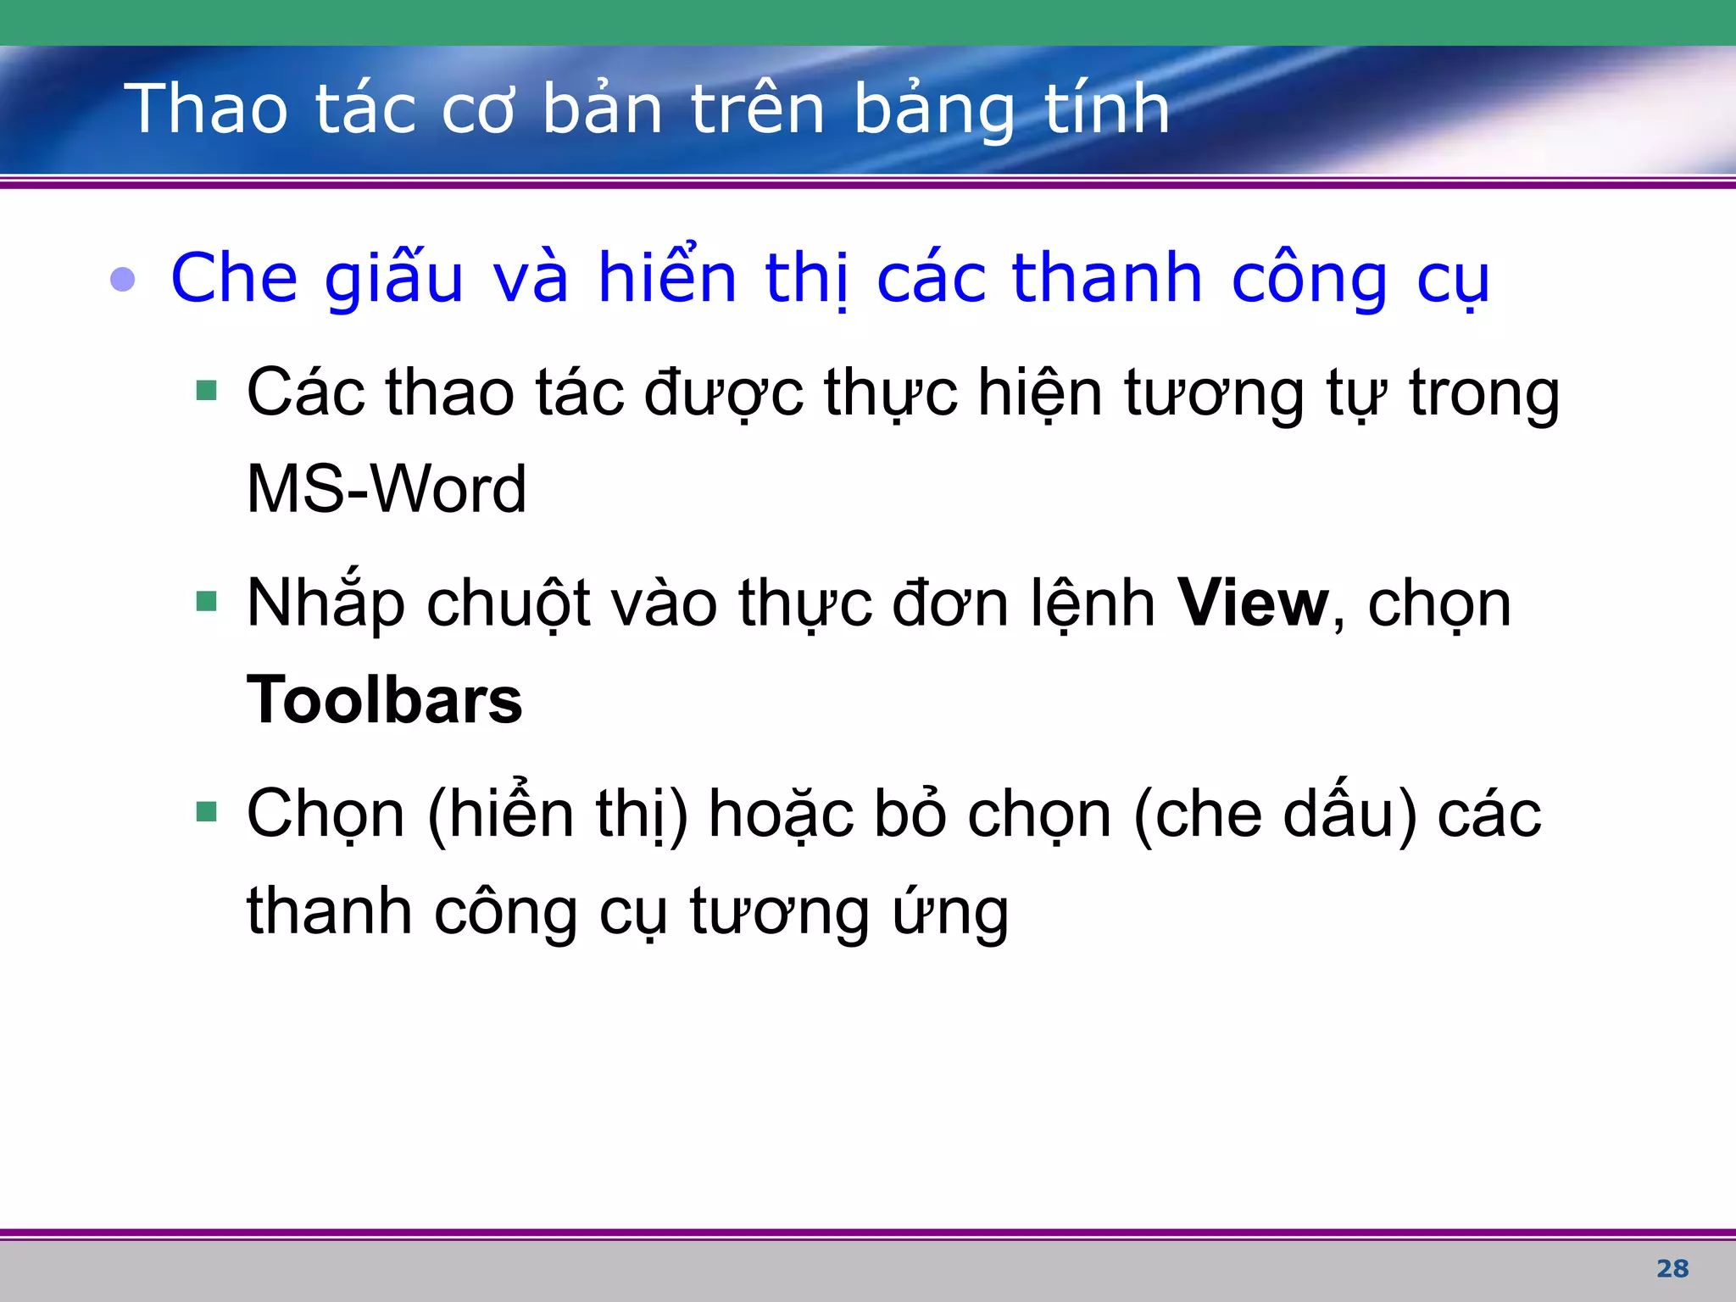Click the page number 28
click(1672, 1268)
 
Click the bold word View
click(1253, 604)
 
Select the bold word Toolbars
click(384, 700)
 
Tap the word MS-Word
click(387, 489)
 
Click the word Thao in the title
click(206, 108)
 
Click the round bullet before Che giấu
click(123, 280)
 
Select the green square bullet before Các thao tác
click(206, 391)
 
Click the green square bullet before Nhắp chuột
click(206, 602)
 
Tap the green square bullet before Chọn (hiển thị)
click(206, 812)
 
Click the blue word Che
click(234, 278)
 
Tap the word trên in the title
click(758, 108)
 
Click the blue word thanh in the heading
click(1107, 278)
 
